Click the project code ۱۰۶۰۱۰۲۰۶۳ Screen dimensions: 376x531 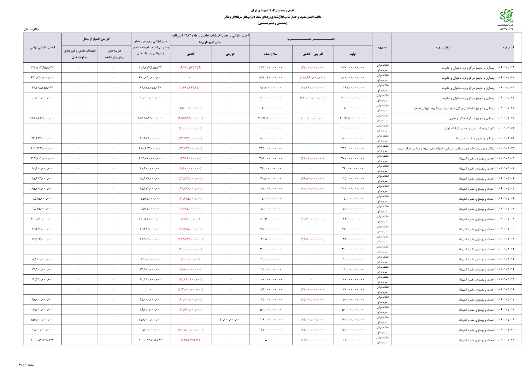(x=505, y=108)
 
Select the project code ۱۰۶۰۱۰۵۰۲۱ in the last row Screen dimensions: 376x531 (x=505, y=340)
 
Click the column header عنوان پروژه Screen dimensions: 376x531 (x=443, y=48)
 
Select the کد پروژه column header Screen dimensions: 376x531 (x=508, y=48)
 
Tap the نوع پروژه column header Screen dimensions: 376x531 (x=382, y=48)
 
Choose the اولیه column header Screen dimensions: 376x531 (x=353, y=54)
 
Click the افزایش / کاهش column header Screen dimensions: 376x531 (x=312, y=54)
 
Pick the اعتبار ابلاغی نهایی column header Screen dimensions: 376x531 (x=42, y=48)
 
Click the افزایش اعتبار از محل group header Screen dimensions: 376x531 (x=96, y=39)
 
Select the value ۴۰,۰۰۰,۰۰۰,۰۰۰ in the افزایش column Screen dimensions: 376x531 (x=230, y=320)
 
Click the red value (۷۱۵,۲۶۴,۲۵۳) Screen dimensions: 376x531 (x=190, y=340)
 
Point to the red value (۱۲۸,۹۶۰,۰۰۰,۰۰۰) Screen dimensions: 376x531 (x=312, y=78)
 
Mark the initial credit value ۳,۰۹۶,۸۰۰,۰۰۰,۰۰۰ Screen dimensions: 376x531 (x=353, y=118)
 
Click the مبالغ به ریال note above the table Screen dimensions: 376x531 (x=32, y=29)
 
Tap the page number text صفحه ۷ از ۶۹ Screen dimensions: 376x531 (x=27, y=365)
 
